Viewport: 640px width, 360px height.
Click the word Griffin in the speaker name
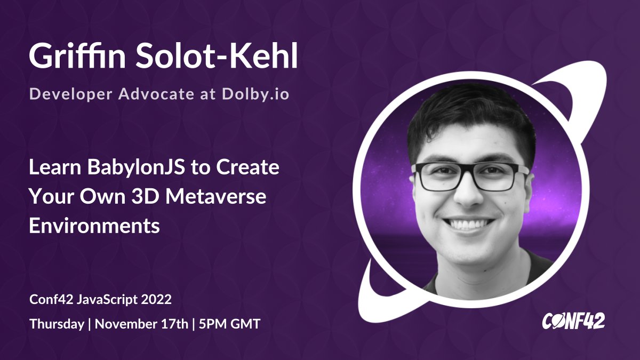tap(77, 55)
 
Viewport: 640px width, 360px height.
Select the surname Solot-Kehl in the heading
tap(217, 55)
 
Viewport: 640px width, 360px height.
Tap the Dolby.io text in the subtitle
tap(255, 94)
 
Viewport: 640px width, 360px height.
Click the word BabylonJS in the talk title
tap(136, 167)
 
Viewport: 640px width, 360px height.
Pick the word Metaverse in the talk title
tap(215, 196)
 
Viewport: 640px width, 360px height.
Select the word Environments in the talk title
tap(94, 225)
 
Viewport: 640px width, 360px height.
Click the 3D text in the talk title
tap(146, 196)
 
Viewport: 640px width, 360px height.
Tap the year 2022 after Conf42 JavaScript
tap(156, 299)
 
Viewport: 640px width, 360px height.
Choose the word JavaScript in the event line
tap(107, 300)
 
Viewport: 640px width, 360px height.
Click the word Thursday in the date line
tap(57, 324)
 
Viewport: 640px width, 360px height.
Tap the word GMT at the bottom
tap(245, 324)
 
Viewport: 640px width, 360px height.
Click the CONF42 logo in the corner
tap(573, 321)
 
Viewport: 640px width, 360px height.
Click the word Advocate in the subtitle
tap(156, 94)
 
